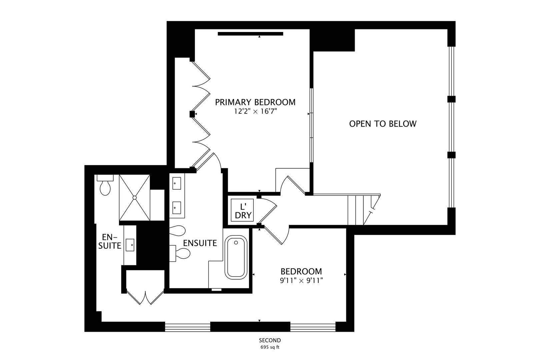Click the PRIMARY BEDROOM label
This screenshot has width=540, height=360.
(x=255, y=102)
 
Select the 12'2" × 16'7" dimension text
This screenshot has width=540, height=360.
(x=255, y=112)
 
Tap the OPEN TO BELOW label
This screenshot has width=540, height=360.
(x=383, y=124)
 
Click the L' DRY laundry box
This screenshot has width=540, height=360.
(x=243, y=211)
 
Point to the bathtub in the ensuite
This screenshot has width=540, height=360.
(x=236, y=257)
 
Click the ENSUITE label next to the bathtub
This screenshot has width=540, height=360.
(x=200, y=243)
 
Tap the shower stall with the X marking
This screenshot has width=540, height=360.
(x=135, y=197)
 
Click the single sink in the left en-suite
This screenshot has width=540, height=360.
(x=130, y=245)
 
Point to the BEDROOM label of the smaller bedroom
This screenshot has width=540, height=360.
(x=301, y=271)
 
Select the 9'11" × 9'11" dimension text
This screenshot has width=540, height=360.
(x=301, y=281)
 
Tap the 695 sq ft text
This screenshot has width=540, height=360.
(x=270, y=347)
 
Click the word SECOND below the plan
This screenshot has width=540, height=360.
(x=270, y=340)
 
